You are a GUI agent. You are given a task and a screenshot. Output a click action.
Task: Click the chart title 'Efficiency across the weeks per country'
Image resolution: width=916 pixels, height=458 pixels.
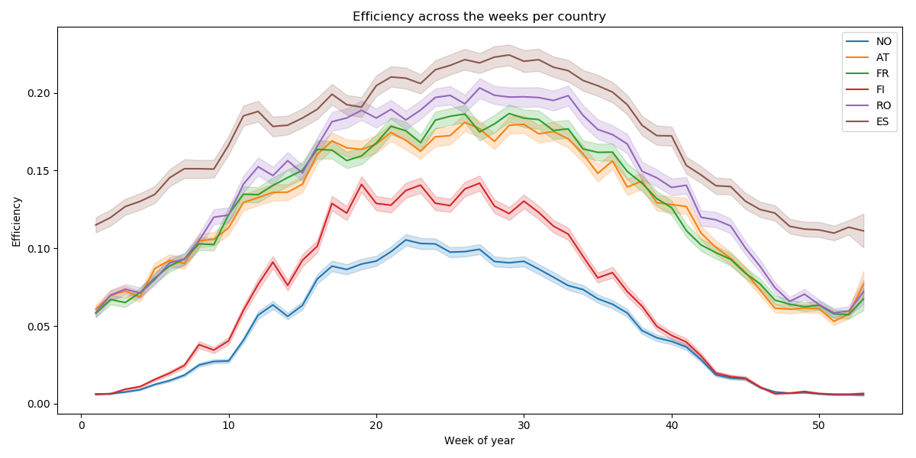point(479,16)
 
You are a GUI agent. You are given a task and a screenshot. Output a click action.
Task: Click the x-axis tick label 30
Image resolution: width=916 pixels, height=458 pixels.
point(524,425)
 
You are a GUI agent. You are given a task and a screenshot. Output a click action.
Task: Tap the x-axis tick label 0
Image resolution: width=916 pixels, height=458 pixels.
point(82,425)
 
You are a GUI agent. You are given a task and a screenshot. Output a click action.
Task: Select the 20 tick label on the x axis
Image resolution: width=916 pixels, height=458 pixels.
point(376,425)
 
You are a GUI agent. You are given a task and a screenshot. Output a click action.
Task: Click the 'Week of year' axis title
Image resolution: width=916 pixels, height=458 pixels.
point(479,440)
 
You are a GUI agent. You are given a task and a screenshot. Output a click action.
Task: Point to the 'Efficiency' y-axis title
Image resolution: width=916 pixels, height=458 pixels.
point(17,221)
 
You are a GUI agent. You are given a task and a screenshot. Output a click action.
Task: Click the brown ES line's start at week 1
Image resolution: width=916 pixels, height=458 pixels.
point(96,224)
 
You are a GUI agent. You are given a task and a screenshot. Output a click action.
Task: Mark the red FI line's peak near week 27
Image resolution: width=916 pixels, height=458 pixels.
point(479,182)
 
